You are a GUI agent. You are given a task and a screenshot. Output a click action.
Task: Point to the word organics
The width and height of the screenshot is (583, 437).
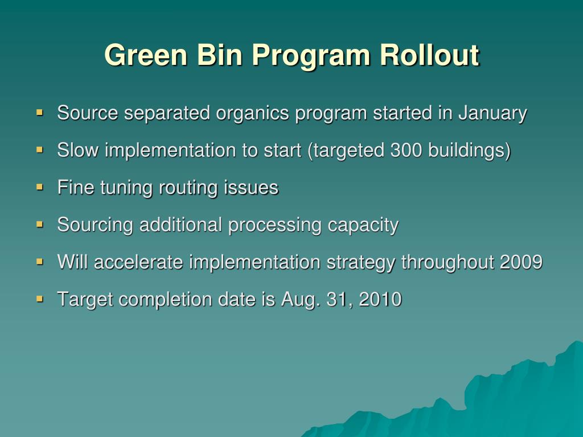click(252, 114)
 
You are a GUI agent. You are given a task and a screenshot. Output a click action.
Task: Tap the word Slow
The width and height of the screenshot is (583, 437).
click(78, 151)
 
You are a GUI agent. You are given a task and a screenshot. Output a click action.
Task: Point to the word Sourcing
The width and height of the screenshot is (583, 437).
click(95, 225)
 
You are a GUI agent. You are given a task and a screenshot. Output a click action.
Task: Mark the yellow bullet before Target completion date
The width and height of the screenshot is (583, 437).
click(39, 298)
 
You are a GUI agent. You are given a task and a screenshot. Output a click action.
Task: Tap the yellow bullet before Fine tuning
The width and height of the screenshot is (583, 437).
click(39, 186)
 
